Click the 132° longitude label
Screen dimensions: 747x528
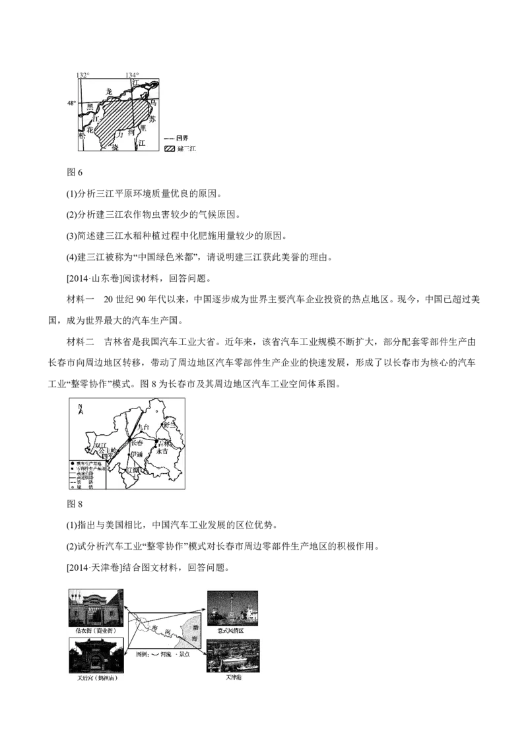(x=82, y=75)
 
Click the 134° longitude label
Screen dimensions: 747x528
(x=133, y=75)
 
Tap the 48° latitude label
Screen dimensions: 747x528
(x=71, y=103)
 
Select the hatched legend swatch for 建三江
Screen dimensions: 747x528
(x=170, y=150)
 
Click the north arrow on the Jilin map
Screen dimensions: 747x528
(x=80, y=409)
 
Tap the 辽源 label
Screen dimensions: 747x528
(x=133, y=470)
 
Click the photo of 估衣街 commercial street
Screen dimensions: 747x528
(x=95, y=608)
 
